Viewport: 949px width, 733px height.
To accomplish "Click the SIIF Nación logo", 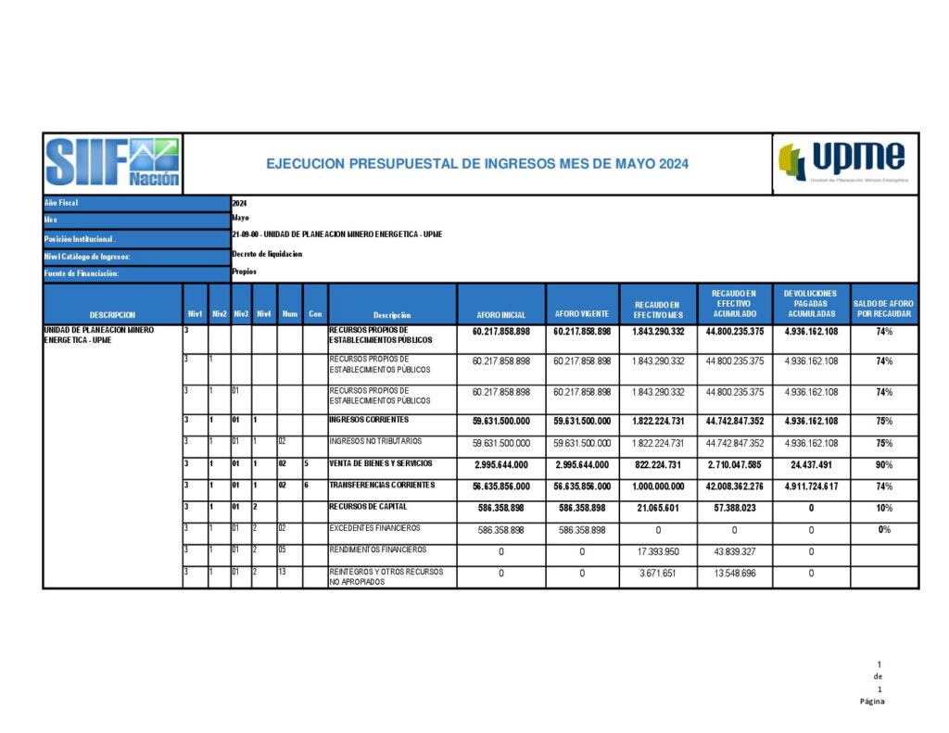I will coord(113,163).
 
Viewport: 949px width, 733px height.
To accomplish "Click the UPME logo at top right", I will coord(844,162).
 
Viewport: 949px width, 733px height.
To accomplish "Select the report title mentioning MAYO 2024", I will coord(476,164).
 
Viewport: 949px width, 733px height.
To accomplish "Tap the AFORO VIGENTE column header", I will coord(581,314).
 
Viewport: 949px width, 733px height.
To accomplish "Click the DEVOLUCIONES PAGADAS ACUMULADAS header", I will coord(810,304).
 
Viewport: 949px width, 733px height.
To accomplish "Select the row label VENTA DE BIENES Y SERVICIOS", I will coord(380,463).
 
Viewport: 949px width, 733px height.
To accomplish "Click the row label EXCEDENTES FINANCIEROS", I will coord(374,528).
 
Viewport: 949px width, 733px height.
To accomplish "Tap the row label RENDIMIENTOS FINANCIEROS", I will coord(377,550).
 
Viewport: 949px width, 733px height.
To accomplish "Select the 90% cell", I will coord(884,464).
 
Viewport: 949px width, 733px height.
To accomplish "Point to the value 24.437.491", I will coord(811,464).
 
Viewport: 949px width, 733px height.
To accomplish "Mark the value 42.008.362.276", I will coord(734,487).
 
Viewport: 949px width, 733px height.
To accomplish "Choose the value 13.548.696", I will coord(734,574).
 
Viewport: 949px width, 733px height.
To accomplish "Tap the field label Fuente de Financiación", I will coord(82,273).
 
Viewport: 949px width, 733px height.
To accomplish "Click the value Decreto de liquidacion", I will coord(267,254).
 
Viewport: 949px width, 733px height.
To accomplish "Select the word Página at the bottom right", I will coord(872,701).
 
